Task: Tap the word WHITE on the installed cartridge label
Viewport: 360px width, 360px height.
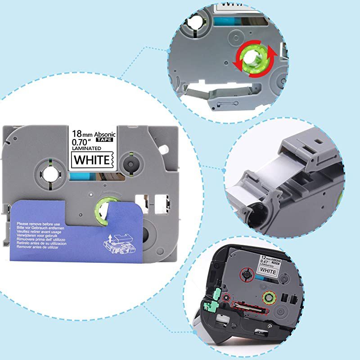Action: [269, 271]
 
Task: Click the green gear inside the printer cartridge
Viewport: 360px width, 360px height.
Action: [269, 296]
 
